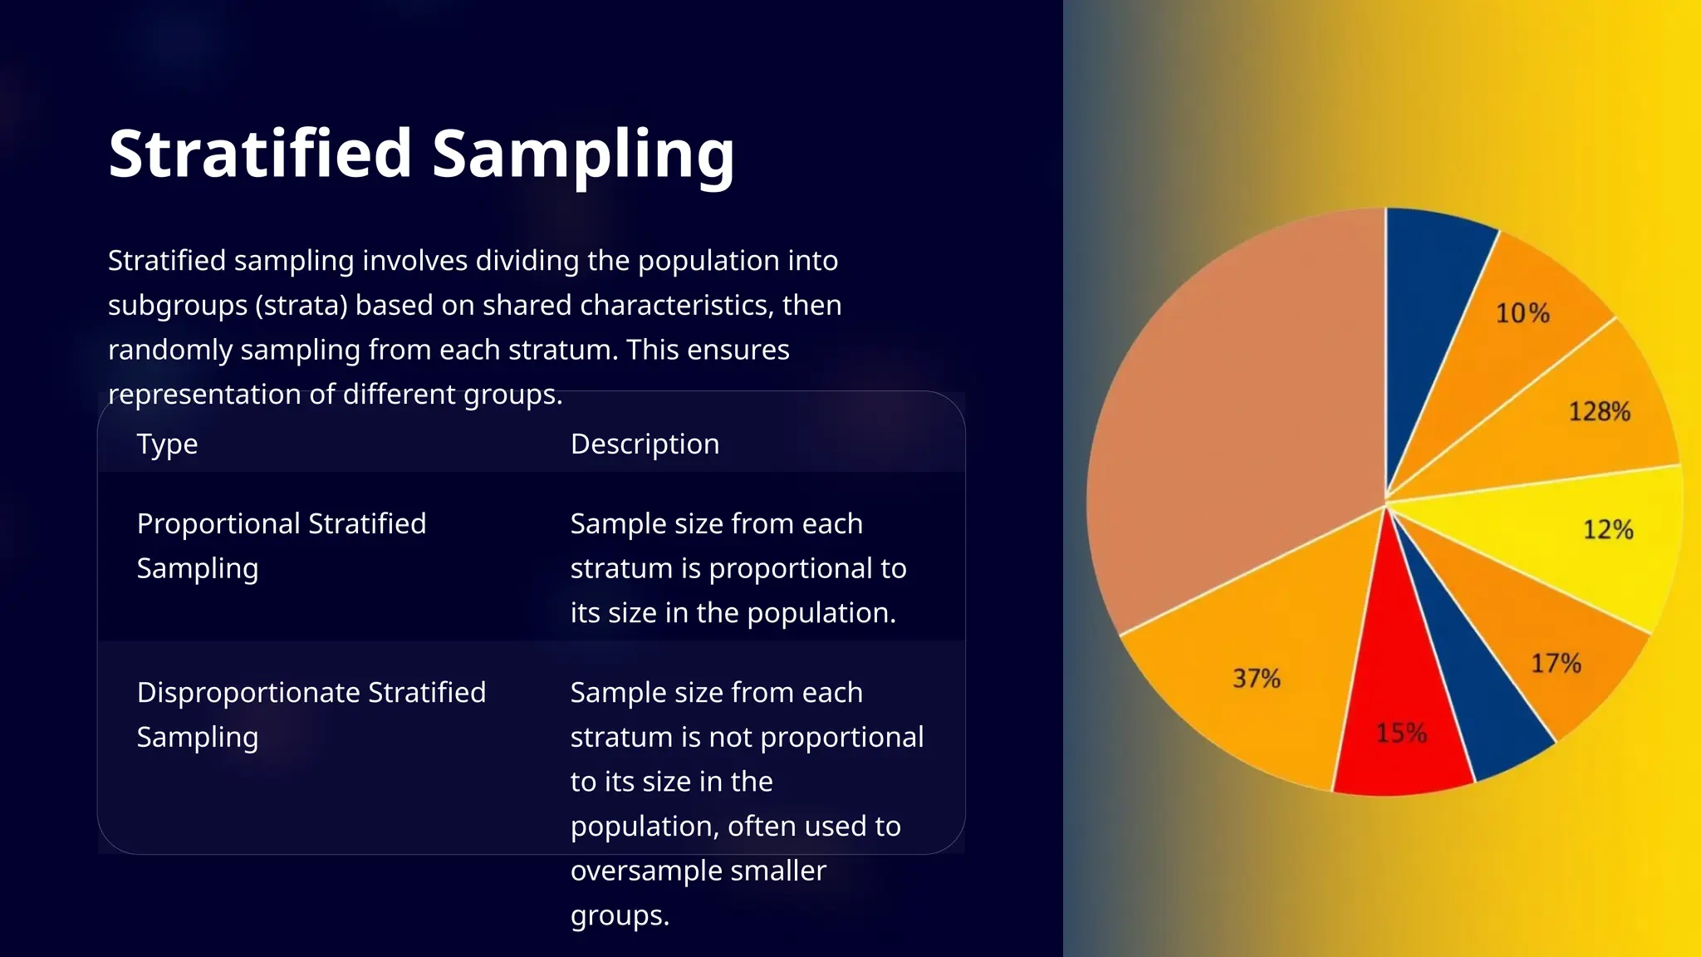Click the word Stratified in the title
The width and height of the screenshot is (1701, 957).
[260, 155]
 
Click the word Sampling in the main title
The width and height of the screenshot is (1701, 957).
[583, 155]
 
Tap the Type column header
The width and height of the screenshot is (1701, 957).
[167, 444]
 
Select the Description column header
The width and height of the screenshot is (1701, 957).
[645, 444]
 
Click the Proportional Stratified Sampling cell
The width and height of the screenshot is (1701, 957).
[281, 546]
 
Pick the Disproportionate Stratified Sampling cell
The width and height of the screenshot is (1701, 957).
[311, 714]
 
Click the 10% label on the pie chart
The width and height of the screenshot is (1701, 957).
[1522, 313]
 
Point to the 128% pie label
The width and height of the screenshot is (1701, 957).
[1599, 411]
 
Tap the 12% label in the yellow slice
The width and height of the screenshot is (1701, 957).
[1608, 529]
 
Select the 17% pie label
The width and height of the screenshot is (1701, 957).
[1556, 663]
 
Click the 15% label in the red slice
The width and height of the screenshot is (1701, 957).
[1401, 733]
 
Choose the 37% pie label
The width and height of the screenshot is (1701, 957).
[1256, 678]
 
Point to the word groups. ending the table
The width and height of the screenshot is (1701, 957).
[620, 915]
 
